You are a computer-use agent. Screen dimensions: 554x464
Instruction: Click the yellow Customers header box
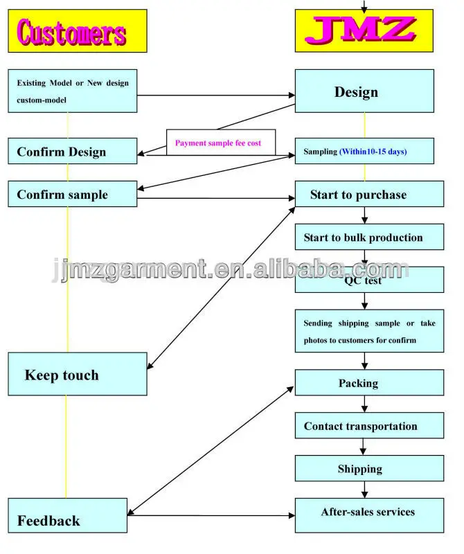(78, 30)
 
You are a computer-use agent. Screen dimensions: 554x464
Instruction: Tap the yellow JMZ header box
(365, 30)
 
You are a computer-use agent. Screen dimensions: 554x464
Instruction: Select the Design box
(365, 91)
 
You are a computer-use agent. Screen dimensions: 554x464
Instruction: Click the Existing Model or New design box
(73, 91)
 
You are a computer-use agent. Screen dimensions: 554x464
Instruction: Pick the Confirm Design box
(73, 152)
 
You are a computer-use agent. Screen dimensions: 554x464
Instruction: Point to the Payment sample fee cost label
(220, 143)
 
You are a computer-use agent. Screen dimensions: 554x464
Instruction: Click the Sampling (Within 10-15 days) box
(365, 151)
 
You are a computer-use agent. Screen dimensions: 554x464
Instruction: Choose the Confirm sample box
(73, 195)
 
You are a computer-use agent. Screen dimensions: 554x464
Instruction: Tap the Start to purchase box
(369, 195)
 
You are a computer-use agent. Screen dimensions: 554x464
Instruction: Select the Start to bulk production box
(369, 238)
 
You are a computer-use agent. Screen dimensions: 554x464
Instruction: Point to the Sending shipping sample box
(369, 331)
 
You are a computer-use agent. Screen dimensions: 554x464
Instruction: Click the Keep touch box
(78, 374)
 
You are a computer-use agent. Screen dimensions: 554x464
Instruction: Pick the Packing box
(369, 383)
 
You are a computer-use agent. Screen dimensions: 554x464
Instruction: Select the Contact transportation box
(369, 426)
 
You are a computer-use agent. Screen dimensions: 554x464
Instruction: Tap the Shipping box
(369, 469)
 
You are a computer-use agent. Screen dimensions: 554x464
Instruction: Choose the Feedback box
(68, 520)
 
